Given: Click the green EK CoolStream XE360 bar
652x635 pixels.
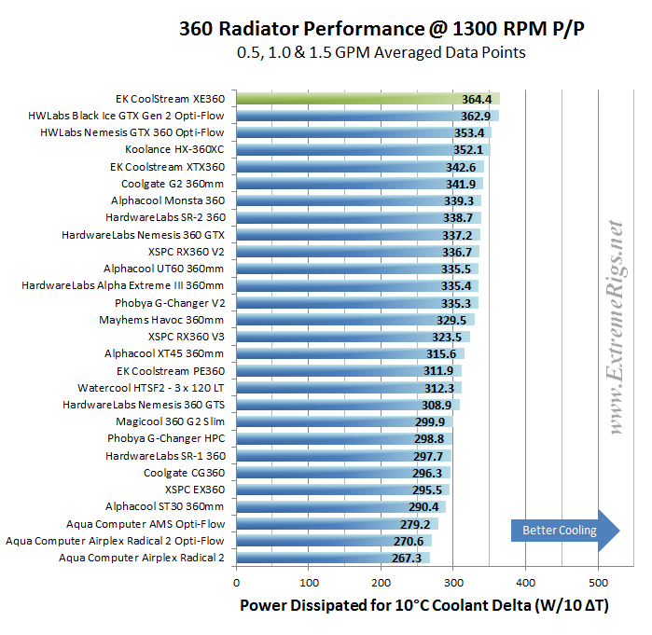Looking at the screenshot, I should [x=368, y=98].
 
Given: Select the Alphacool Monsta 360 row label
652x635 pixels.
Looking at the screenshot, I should [x=167, y=200].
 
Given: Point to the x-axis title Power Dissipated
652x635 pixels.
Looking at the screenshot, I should [x=424, y=605].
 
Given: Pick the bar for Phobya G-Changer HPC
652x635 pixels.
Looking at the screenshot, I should [x=343, y=438].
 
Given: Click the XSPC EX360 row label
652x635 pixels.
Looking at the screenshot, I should [x=194, y=490].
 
